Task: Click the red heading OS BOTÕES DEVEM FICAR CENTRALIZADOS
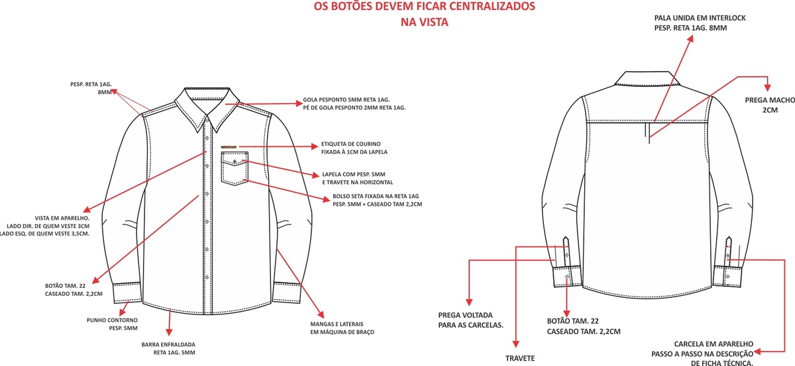[x=424, y=7]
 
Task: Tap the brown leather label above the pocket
[x=229, y=146]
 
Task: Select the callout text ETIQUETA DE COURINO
[x=350, y=144]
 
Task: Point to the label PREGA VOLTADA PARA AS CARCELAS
[x=471, y=320]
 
